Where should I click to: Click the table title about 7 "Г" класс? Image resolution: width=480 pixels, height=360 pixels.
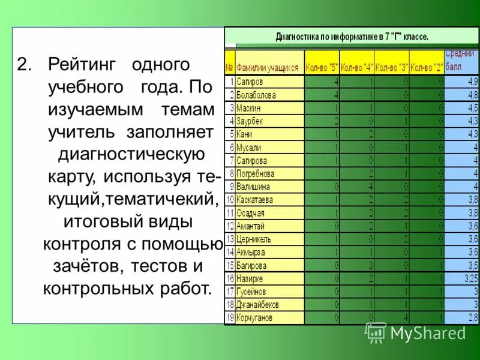(x=352, y=37)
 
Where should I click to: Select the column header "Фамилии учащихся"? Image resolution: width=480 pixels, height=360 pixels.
(x=267, y=68)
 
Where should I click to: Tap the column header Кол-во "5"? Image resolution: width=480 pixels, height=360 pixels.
(x=322, y=68)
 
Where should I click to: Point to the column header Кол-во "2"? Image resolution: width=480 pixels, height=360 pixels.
(x=427, y=68)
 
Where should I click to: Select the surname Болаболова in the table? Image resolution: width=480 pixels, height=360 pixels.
(x=256, y=95)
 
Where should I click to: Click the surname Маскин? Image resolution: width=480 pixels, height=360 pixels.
(x=248, y=108)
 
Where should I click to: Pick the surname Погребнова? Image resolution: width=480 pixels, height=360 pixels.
(x=256, y=173)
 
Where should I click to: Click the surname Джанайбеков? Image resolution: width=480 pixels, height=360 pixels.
(x=257, y=304)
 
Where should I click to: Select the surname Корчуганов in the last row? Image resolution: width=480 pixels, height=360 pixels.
(x=254, y=317)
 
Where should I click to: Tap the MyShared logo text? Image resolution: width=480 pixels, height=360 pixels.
(x=427, y=333)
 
